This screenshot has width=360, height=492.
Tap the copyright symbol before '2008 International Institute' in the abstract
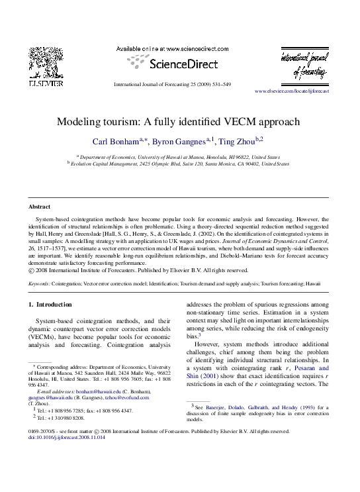(30, 270)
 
